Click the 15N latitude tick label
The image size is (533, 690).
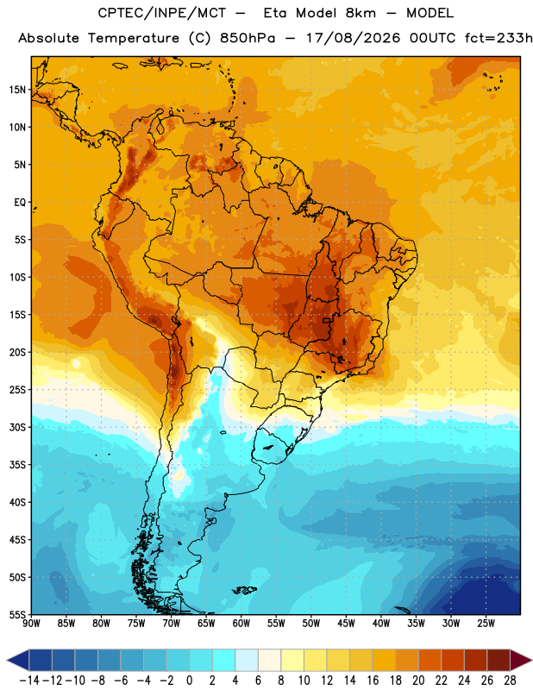[18, 90]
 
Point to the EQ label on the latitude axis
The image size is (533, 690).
[20, 203]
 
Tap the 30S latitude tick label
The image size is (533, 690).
[18, 427]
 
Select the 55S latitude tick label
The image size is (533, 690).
[18, 615]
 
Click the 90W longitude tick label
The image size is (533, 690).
[31, 623]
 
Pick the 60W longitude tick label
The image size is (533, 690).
[241, 623]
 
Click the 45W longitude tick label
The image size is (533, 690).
[346, 623]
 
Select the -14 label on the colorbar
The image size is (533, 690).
[29, 681]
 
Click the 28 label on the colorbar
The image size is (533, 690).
[510, 681]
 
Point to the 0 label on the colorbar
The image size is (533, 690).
[189, 681]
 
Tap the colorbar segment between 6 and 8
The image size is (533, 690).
[269, 660]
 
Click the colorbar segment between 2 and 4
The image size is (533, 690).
[223, 660]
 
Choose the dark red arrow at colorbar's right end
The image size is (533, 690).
[520, 660]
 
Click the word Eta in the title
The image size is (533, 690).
[275, 13]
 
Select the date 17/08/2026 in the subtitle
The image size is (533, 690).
[354, 38]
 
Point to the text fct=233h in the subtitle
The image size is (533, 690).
[499, 38]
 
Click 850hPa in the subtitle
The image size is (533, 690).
[248, 38]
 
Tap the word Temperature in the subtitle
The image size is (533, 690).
[134, 38]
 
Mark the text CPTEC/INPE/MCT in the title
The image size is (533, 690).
[162, 13]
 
